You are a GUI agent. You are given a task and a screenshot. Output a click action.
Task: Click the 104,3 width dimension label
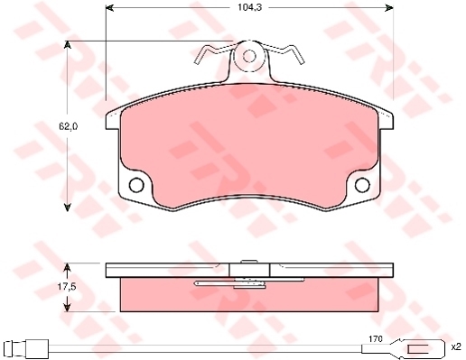click(x=246, y=7)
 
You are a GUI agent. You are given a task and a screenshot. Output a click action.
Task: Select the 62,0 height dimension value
click(x=68, y=126)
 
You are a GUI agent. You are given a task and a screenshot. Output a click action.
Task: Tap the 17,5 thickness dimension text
click(x=67, y=287)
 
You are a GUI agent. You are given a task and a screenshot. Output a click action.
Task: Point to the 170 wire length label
click(x=376, y=339)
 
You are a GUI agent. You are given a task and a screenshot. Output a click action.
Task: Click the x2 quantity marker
click(x=456, y=346)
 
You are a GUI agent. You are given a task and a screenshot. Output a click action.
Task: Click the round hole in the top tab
click(x=249, y=56)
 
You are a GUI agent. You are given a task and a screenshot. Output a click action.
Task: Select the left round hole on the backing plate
click(x=136, y=185)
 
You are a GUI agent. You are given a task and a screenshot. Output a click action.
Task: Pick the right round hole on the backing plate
click(x=362, y=185)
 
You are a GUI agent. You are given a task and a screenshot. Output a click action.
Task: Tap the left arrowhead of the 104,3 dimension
click(x=110, y=8)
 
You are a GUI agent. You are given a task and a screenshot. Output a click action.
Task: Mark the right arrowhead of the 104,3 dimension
click(x=389, y=8)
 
